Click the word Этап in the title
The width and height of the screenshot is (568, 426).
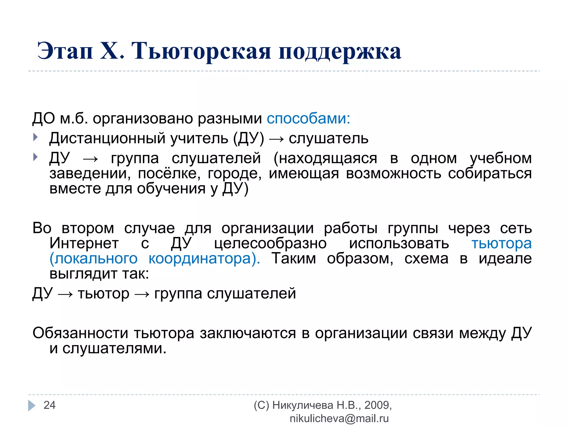point(65,51)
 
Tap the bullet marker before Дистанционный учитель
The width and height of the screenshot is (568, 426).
point(35,137)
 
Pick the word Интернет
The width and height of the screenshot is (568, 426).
point(84,244)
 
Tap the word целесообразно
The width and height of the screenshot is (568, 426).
point(270,244)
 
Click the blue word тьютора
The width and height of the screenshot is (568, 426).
point(501,244)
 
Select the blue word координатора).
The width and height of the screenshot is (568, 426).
point(204,259)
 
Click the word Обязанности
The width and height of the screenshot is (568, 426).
point(80,333)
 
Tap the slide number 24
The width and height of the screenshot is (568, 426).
point(50,405)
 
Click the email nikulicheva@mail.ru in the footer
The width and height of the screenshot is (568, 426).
point(339,419)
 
